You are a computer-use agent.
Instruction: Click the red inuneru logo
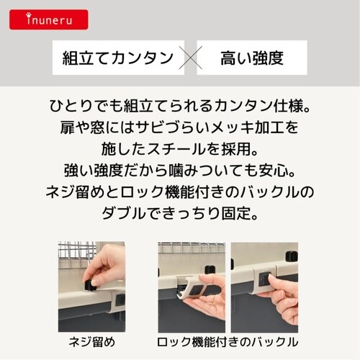pyautogui.click(x=49, y=19)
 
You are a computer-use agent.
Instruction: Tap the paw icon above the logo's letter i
pyautogui.click(x=29, y=15)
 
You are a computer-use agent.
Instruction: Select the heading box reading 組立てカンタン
pyautogui.click(x=118, y=58)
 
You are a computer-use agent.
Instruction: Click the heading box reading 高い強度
pyautogui.click(x=252, y=58)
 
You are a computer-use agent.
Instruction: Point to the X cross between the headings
pyautogui.click(x=191, y=58)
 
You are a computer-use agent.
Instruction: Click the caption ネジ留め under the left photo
pyautogui.click(x=92, y=342)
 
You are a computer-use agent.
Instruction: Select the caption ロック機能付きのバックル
pyautogui.click(x=228, y=342)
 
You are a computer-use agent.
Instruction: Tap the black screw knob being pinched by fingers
pyautogui.click(x=89, y=286)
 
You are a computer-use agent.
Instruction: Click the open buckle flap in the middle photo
pyautogui.click(x=195, y=287)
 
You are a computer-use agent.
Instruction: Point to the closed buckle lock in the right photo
pyautogui.click(x=264, y=279)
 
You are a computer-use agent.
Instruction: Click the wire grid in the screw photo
pyautogui.click(x=76, y=253)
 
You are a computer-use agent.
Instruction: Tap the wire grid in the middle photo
pyautogui.click(x=192, y=248)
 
